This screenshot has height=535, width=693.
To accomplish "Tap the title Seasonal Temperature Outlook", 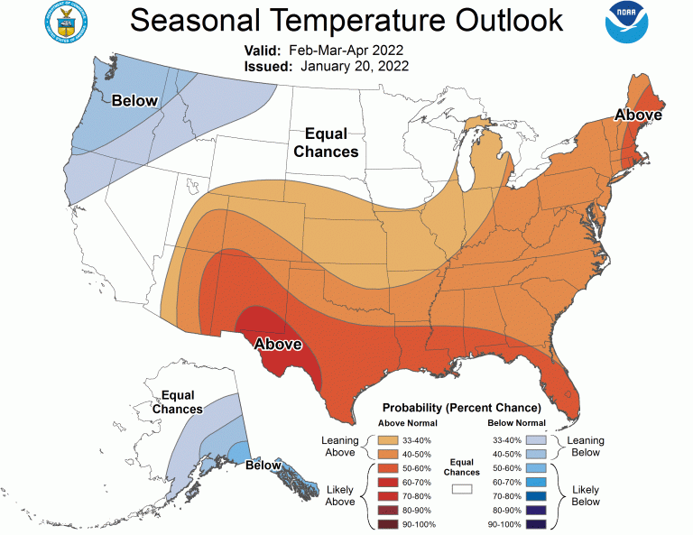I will [x=346, y=20].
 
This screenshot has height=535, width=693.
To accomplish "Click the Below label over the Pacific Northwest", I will [x=134, y=101].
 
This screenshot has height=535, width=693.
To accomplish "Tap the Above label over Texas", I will [x=278, y=344].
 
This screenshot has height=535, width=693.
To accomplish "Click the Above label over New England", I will [x=639, y=115].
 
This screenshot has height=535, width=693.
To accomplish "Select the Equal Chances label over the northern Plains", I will [x=326, y=143].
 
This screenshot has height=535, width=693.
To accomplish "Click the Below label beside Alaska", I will [x=263, y=466].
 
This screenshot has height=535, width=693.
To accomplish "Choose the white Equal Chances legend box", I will [x=463, y=488].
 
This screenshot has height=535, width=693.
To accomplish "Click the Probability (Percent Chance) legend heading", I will [x=462, y=408].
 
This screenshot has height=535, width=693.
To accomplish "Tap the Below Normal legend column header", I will [x=516, y=423].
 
